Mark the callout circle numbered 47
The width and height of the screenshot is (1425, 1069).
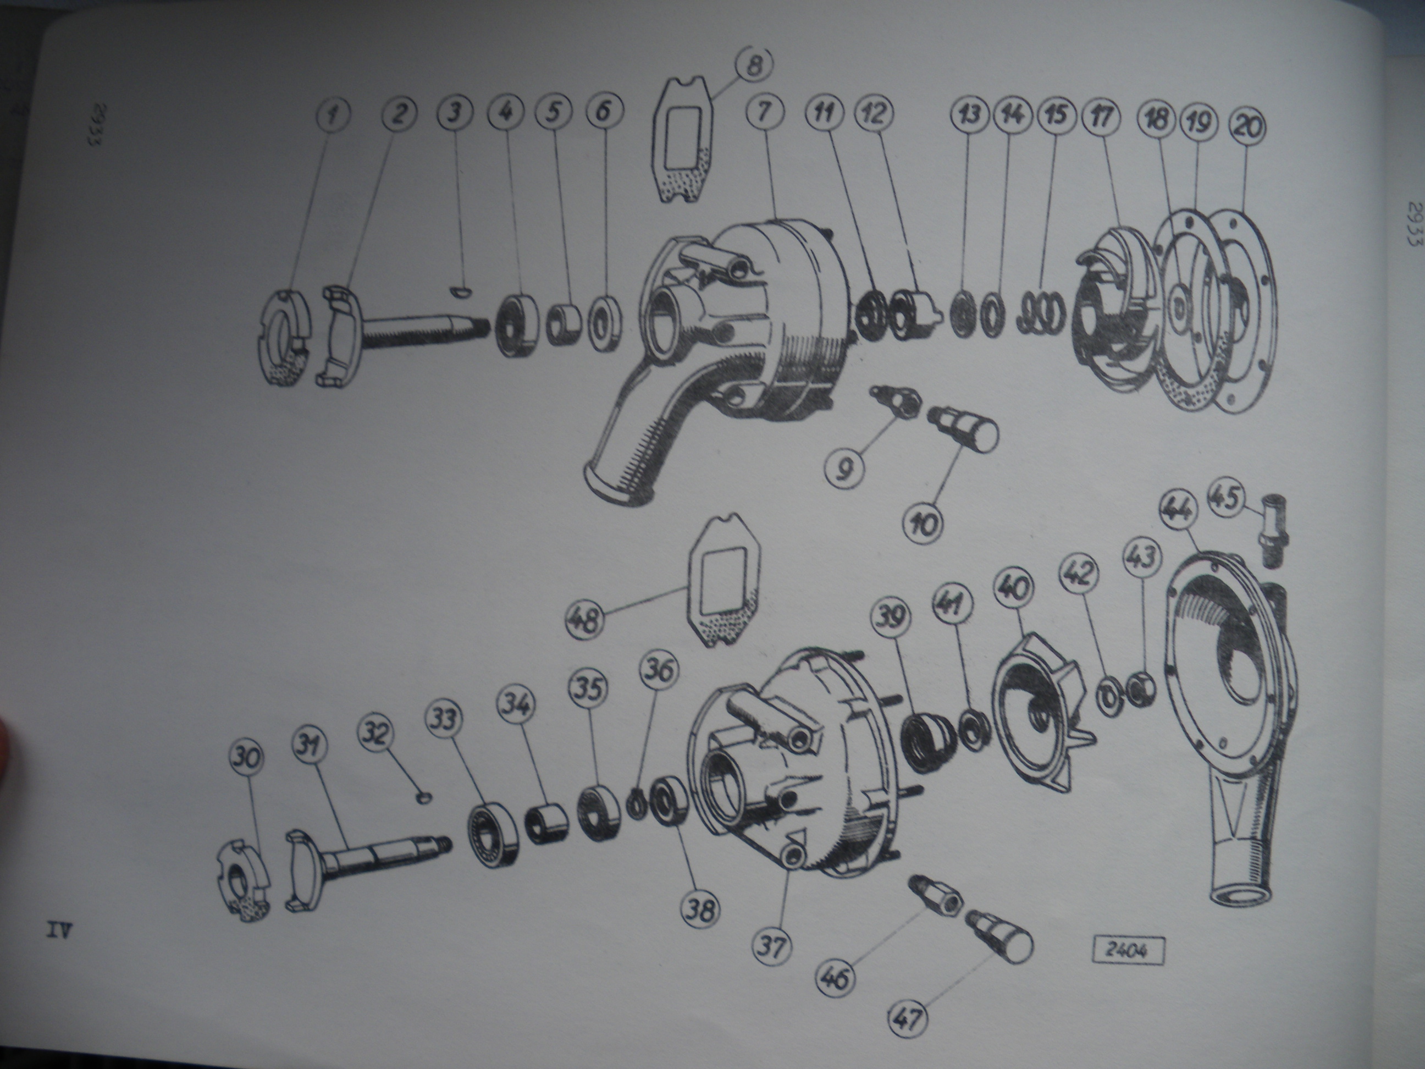911,1020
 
